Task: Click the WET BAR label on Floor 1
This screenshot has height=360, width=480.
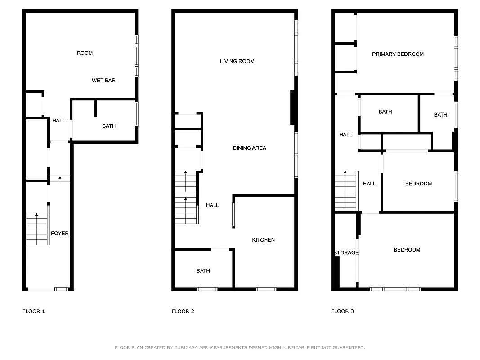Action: coord(103,81)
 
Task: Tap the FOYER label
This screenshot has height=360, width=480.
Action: coord(60,234)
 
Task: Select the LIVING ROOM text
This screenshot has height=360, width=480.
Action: coord(237,61)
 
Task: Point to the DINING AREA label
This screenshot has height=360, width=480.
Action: coord(249,148)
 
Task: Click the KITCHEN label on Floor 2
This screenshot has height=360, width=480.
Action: coord(263,240)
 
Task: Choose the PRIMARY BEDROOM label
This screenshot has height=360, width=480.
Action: coord(398,54)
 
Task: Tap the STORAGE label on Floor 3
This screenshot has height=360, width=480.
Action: coord(346,252)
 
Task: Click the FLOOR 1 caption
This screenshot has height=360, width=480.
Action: coord(34,311)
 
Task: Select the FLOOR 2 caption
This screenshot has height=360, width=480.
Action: coord(183,311)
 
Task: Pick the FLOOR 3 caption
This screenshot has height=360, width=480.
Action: coord(342,311)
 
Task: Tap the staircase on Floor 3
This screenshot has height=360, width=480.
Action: coord(346,190)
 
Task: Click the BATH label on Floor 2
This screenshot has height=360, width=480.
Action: coord(203,270)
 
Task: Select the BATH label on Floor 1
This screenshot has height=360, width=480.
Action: coord(109,126)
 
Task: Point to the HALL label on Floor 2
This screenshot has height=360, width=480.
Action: coord(212,205)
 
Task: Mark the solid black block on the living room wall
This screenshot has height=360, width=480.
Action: coord(292,108)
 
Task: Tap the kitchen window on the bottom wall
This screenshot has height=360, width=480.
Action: coord(266,289)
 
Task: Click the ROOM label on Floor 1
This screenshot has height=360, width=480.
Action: coord(85,53)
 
